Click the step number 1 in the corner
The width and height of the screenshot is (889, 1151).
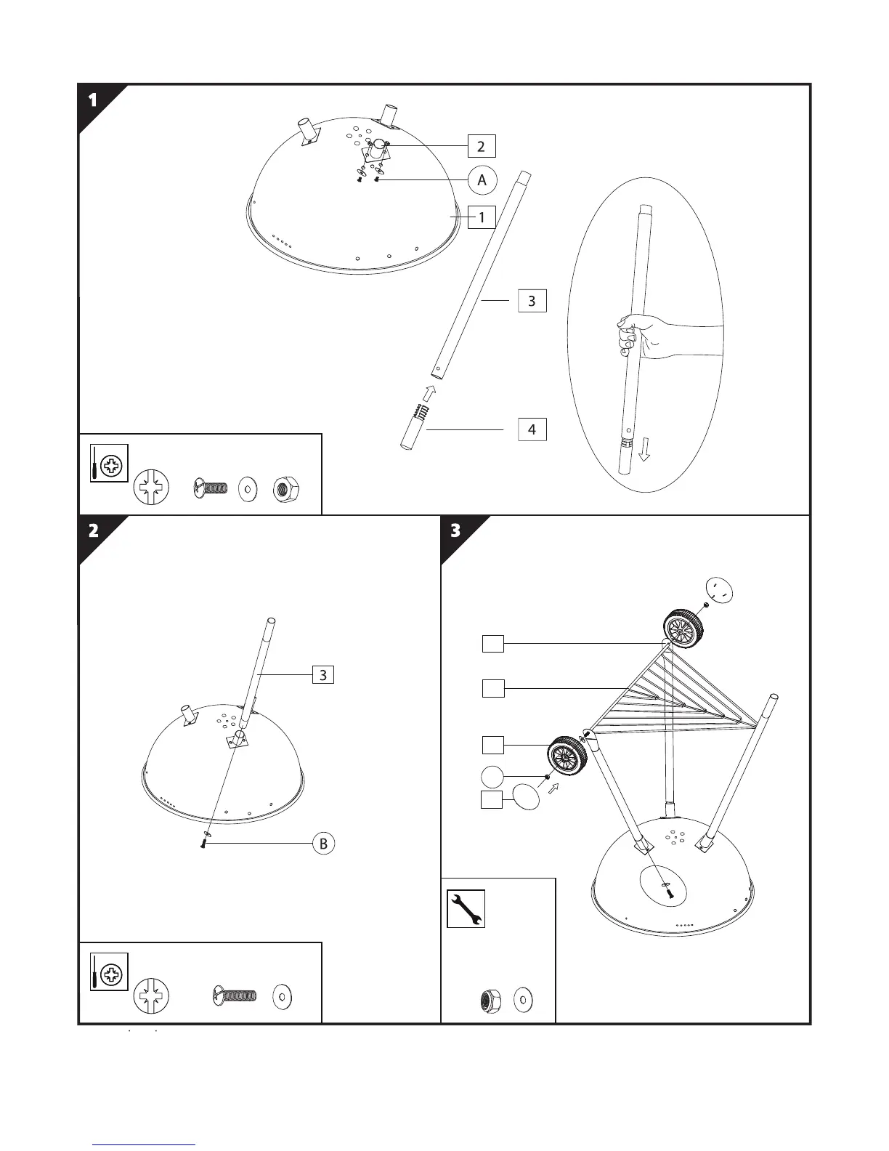pos(93,100)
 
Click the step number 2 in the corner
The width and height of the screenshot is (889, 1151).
pos(93,530)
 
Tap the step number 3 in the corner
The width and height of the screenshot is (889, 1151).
pos(455,530)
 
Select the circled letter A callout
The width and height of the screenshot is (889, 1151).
pos(482,180)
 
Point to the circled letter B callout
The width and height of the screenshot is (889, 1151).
pos(323,843)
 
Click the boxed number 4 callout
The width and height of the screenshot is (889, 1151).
pos(532,429)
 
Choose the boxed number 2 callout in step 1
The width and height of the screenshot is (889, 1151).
pos(481,146)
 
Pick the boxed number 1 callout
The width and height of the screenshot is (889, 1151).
pos(482,217)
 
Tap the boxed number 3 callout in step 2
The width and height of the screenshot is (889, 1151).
pos(322,675)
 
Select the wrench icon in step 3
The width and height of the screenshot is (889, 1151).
pos(466,909)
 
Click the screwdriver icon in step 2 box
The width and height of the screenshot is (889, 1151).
pos(109,972)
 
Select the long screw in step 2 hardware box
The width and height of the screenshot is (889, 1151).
pos(235,995)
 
